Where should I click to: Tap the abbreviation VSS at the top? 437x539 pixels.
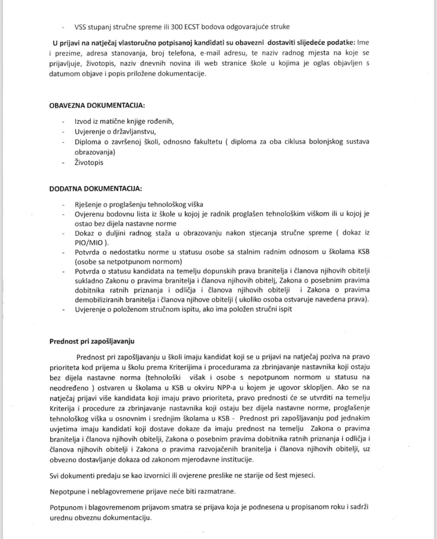coord(81,27)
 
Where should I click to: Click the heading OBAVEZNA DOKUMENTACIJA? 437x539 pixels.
coord(97,105)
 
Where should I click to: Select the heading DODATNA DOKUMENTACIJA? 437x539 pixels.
coord(96,189)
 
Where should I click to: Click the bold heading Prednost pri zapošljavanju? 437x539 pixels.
coord(92,341)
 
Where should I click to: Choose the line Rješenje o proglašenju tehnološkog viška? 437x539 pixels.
coord(139,204)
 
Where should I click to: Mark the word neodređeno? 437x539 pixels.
coord(69,387)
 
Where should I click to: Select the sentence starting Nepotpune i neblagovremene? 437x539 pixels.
coord(143,491)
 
